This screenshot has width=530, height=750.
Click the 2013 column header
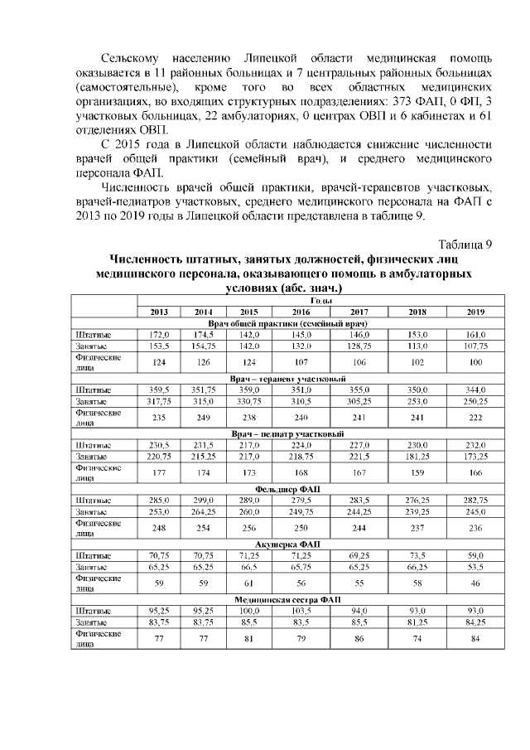click(x=159, y=311)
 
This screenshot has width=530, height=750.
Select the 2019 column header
click(x=475, y=311)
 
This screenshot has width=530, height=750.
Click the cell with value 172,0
click(x=159, y=333)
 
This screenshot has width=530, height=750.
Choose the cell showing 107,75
click(x=475, y=344)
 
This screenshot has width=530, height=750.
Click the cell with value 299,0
click(x=204, y=501)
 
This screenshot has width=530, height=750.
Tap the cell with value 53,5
click(x=475, y=567)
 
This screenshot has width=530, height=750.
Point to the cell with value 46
click(x=475, y=583)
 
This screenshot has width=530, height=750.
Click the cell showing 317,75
click(x=159, y=400)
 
